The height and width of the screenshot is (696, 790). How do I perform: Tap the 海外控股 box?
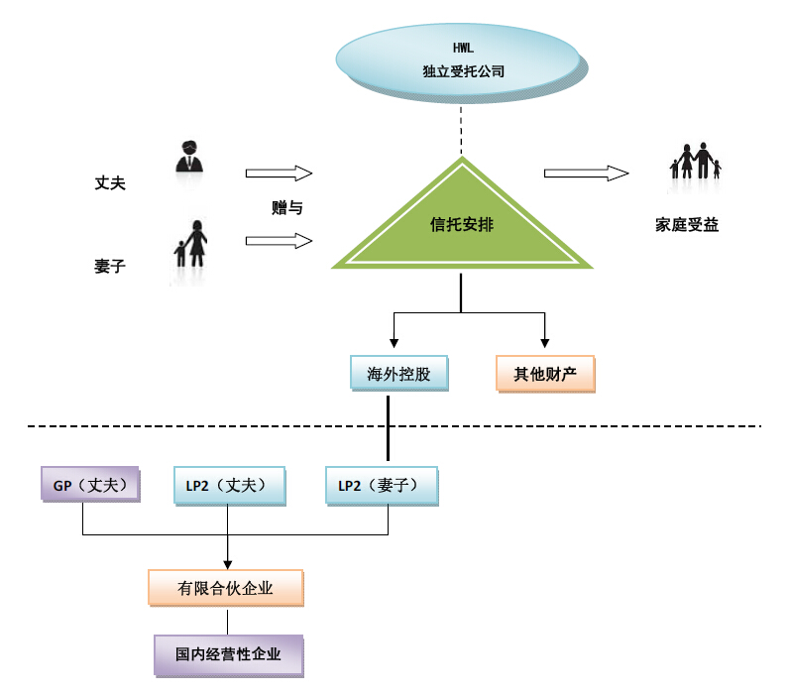398,374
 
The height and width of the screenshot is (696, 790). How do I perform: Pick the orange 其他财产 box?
544,374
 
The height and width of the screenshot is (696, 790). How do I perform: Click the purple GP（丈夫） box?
88,485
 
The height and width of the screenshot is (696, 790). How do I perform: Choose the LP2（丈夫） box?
229,485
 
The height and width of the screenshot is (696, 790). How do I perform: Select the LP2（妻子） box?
380,485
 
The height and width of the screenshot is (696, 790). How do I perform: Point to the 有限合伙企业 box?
225,588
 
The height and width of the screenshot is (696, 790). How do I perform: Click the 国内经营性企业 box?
228,654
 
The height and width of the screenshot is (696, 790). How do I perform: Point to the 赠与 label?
286,208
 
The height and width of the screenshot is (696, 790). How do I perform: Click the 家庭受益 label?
687,224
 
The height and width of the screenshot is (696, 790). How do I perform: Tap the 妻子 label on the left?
110,266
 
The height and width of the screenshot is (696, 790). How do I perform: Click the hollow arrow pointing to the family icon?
586,174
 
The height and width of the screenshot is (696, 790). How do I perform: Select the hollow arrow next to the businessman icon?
279,174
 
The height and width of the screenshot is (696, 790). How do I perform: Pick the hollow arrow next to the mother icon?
279,240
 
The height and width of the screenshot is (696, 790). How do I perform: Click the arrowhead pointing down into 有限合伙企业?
228,563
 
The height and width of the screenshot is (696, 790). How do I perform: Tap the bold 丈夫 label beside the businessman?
110,183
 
